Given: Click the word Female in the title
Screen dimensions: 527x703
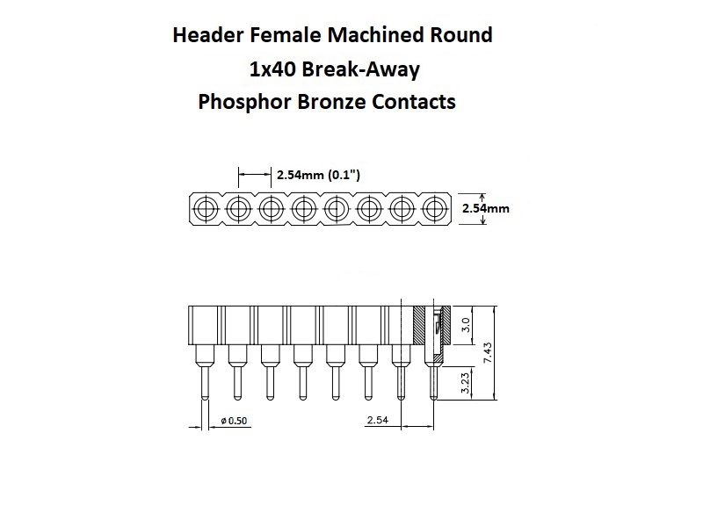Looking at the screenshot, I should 279,36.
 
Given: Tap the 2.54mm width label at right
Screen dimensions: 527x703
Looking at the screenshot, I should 485,209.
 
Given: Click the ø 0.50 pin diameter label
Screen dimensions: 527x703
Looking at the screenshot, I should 236,422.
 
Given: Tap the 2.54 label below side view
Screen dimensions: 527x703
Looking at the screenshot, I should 377,422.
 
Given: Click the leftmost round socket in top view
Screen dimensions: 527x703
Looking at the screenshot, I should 206,209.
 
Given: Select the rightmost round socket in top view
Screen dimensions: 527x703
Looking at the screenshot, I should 434,209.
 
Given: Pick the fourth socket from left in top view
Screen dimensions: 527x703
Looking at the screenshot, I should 303,209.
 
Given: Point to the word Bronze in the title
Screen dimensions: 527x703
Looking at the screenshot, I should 328,102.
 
